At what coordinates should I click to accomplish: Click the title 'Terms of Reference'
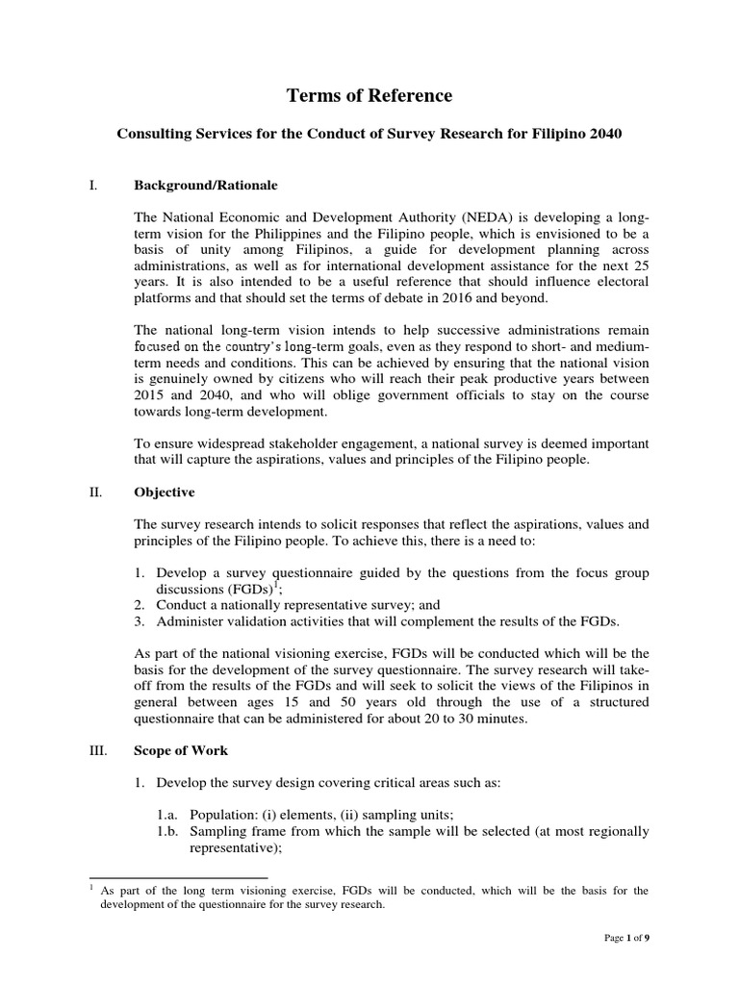point(369,95)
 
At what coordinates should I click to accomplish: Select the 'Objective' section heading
point(165,492)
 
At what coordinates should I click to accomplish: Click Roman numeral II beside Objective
point(94,492)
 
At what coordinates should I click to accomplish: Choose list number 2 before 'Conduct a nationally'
point(140,605)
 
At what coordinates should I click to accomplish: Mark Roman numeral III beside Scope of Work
point(96,749)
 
